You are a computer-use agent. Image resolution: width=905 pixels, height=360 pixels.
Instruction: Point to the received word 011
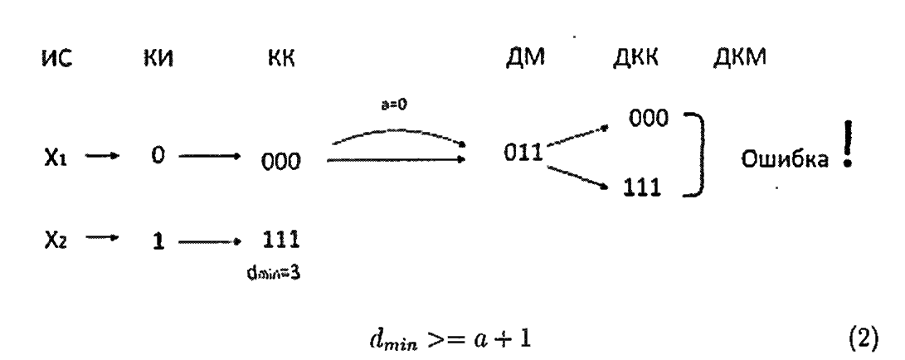pos(523,154)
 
